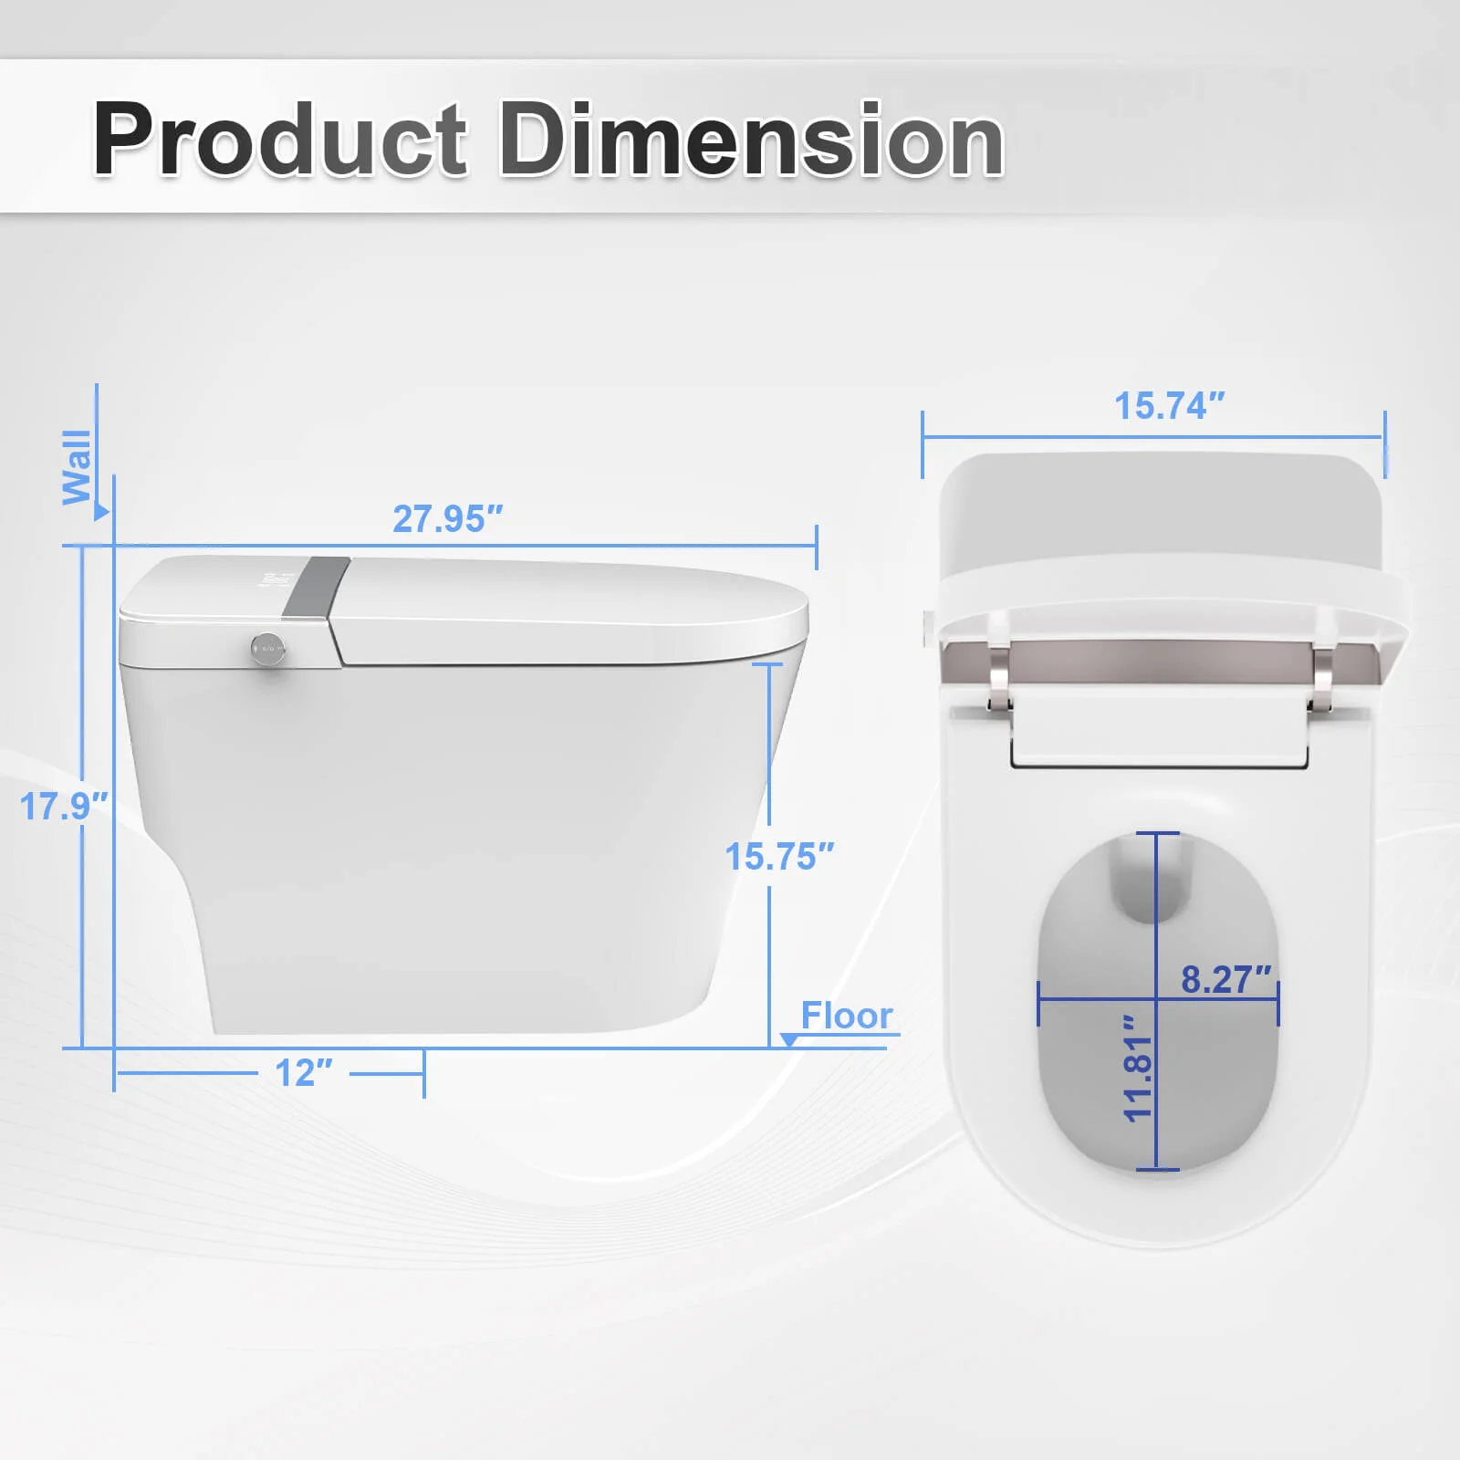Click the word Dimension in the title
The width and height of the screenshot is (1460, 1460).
click(751, 140)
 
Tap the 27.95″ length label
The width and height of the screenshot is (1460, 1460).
click(447, 519)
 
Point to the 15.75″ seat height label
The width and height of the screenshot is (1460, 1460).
click(779, 857)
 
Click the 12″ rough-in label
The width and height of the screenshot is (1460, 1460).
click(304, 1073)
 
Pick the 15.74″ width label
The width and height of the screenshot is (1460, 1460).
click(1169, 406)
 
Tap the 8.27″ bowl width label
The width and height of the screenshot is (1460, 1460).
click(1225, 980)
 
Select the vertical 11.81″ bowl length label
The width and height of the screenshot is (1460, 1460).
click(1138, 1068)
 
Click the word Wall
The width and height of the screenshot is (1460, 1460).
click(77, 466)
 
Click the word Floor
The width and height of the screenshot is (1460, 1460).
click(846, 1016)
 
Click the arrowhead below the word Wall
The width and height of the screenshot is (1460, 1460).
click(101, 513)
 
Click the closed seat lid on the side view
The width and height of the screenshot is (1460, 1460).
click(566, 607)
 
